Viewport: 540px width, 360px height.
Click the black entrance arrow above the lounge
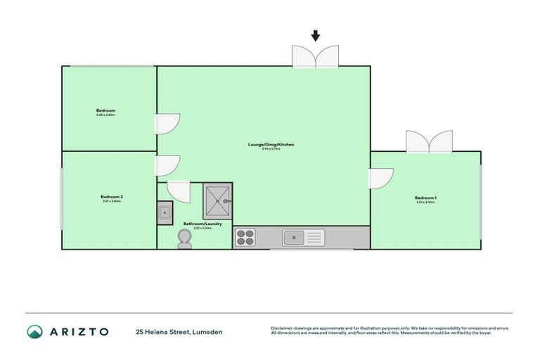tap(316, 35)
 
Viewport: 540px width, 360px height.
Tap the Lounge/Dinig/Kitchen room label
tap(271, 144)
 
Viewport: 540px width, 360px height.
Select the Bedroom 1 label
tap(425, 198)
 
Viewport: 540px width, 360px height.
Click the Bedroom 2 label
tap(112, 196)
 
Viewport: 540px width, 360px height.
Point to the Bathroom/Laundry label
tap(202, 224)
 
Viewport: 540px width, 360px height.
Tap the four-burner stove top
tap(245, 238)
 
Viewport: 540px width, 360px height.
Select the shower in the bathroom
tap(217, 200)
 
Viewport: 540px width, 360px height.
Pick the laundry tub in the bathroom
tap(165, 212)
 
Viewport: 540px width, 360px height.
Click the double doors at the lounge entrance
tap(316, 57)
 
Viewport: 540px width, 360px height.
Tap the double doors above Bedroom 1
tap(429, 142)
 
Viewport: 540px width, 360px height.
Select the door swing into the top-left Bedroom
tap(168, 124)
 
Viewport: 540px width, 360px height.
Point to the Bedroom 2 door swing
tap(167, 165)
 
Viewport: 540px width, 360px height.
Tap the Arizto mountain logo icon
tap(34, 331)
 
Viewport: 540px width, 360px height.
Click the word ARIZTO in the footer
tap(79, 331)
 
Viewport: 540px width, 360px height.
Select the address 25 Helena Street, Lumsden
tap(179, 331)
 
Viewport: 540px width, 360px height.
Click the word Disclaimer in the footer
tap(283, 328)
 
